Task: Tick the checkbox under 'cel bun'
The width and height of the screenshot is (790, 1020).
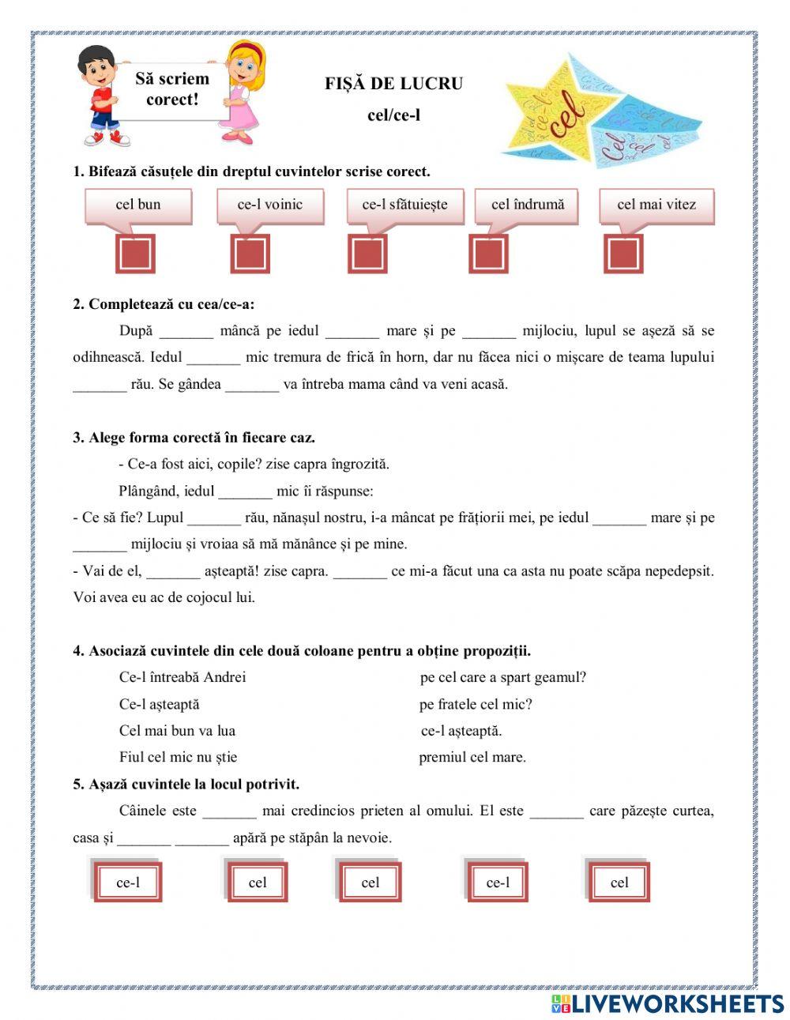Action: (x=135, y=254)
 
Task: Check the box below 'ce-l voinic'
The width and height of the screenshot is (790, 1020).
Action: (x=250, y=254)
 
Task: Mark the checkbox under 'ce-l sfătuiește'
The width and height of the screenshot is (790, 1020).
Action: (x=367, y=254)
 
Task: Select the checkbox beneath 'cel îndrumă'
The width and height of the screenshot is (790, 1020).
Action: (x=488, y=254)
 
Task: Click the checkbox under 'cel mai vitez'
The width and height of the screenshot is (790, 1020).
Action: (x=623, y=254)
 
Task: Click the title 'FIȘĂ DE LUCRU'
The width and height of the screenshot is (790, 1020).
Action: (x=393, y=84)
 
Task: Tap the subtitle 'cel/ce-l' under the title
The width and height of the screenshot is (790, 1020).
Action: (x=393, y=115)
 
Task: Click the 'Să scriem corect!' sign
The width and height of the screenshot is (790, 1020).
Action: (x=172, y=89)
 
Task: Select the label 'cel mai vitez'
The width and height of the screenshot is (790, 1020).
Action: (x=656, y=205)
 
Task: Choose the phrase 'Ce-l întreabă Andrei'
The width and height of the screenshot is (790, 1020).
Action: (x=182, y=677)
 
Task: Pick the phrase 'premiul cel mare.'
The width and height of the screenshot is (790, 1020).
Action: (x=472, y=758)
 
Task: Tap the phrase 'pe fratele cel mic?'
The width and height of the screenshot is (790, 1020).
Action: (x=476, y=704)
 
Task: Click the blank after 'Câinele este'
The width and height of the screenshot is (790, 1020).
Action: (x=229, y=811)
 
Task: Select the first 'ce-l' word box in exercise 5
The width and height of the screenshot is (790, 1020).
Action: (x=128, y=883)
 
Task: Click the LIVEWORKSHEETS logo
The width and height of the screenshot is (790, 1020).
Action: (x=668, y=1003)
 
